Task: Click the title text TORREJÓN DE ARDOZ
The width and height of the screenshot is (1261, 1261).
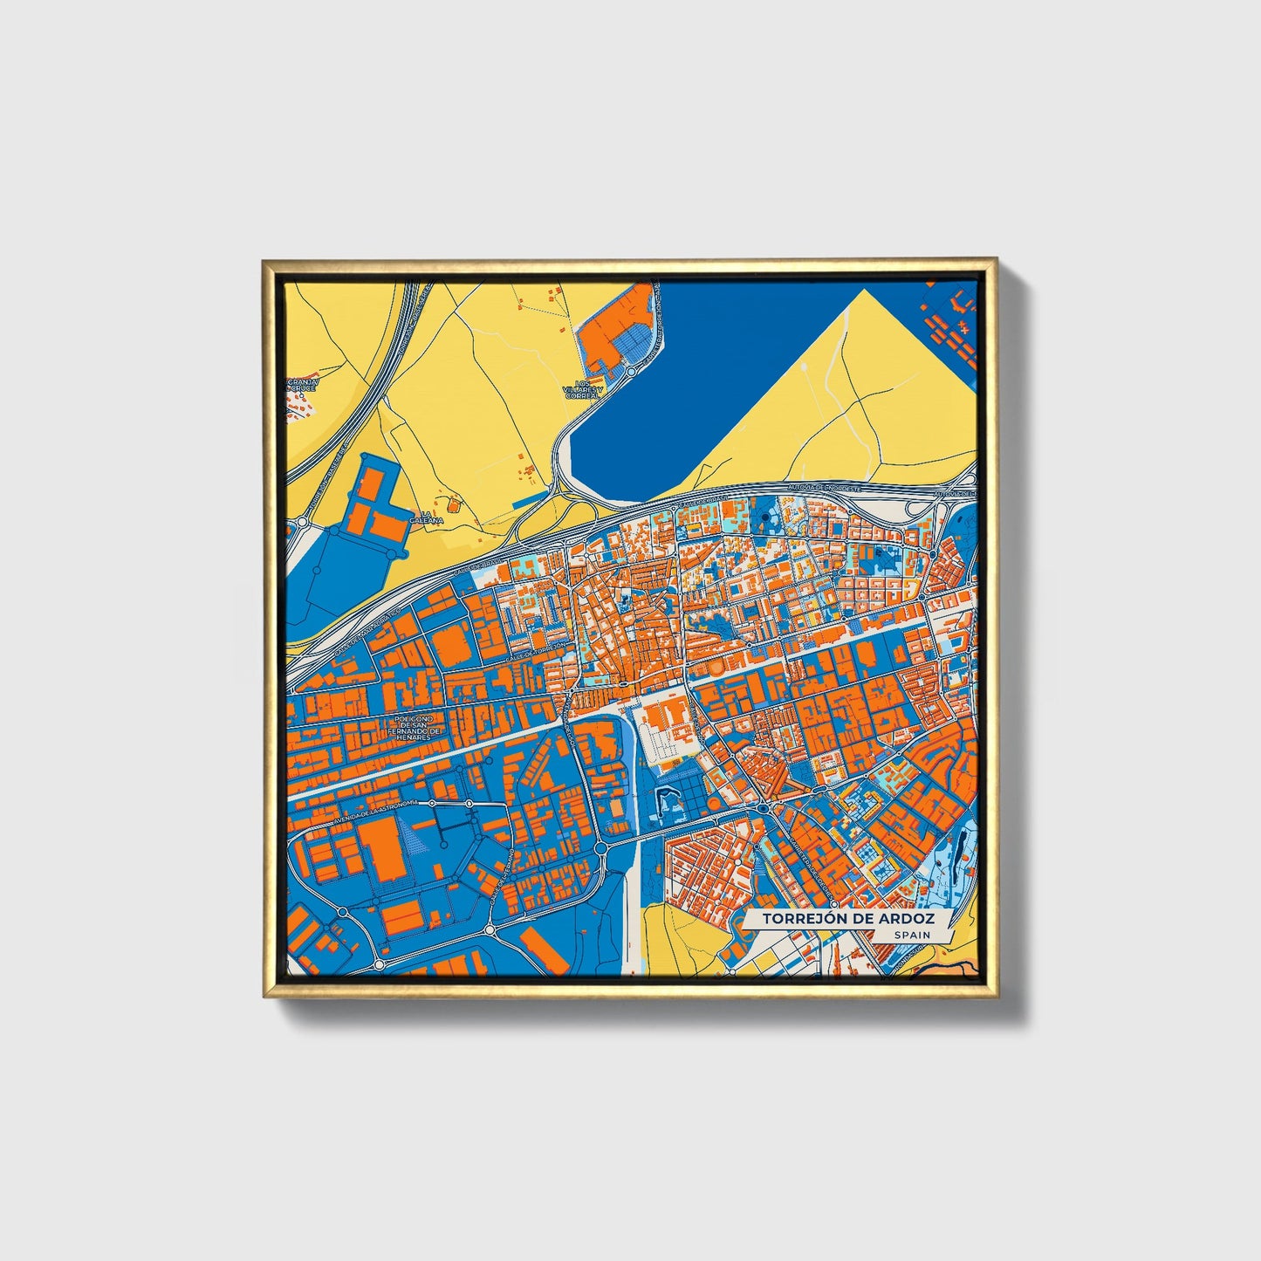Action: click(x=847, y=919)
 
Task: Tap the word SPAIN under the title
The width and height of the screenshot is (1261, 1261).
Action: click(x=911, y=935)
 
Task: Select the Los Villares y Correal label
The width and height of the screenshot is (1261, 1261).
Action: click(x=583, y=390)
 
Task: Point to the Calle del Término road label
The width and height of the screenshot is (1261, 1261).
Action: click(x=501, y=876)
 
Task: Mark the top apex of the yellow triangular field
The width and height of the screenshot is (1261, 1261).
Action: click(x=864, y=290)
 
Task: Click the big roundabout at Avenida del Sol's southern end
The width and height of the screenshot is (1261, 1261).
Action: click(x=601, y=847)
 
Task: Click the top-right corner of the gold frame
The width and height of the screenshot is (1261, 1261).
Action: click(x=996, y=260)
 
